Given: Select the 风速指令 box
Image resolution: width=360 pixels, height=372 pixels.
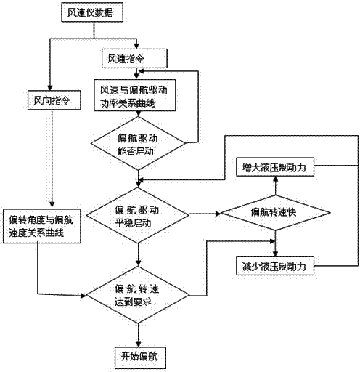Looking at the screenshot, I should [134, 57].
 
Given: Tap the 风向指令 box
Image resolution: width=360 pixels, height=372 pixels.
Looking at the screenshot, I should [49, 97].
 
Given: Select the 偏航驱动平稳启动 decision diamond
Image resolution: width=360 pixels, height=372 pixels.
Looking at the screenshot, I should [137, 214].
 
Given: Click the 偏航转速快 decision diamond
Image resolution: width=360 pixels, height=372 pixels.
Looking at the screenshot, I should [275, 213].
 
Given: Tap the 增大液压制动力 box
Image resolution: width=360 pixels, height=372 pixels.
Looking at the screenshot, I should [275, 168].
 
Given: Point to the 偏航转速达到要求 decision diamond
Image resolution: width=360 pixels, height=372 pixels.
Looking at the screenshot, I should [137, 295].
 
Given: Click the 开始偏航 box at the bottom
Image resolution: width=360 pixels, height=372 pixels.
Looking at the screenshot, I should [136, 357].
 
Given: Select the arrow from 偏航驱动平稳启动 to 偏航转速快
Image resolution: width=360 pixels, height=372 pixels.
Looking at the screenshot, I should [205, 214].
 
